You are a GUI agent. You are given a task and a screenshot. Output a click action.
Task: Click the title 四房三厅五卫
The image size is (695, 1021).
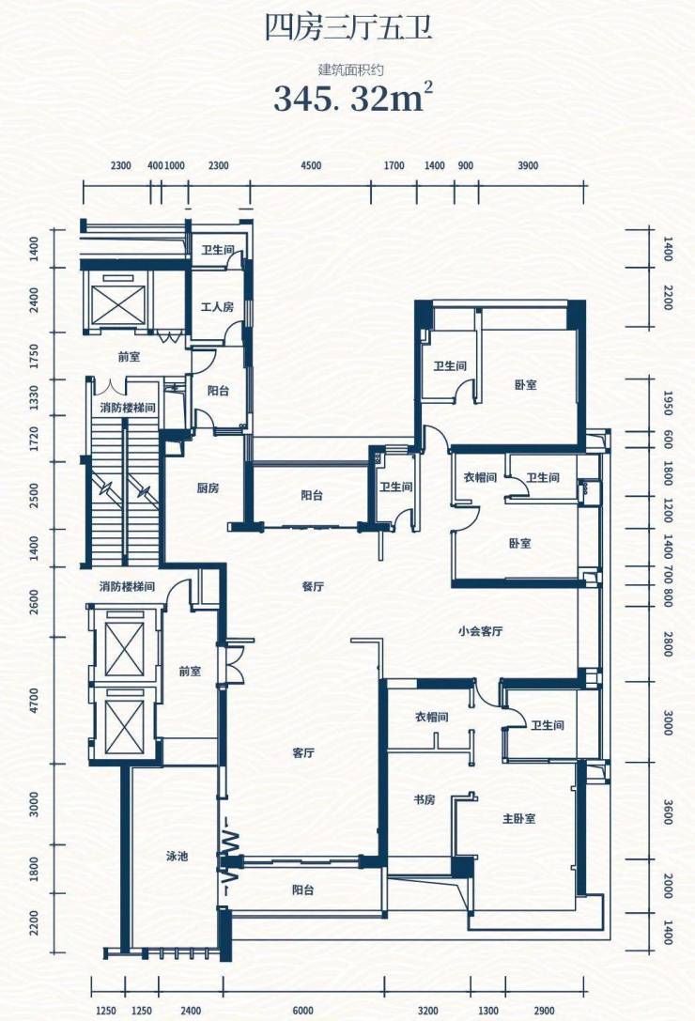[348, 28]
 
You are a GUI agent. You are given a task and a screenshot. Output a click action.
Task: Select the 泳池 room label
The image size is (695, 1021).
[177, 856]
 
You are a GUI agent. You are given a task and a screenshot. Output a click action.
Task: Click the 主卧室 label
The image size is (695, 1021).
[519, 818]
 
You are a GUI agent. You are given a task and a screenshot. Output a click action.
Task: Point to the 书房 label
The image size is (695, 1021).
[424, 799]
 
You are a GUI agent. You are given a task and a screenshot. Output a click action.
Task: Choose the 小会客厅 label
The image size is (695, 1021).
[480, 631]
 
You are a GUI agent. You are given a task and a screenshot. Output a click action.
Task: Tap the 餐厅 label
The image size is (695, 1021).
[313, 586]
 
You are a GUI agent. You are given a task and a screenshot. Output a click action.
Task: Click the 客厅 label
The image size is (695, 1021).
[303, 752]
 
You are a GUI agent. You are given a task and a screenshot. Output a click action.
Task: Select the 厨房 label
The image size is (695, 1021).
[208, 487]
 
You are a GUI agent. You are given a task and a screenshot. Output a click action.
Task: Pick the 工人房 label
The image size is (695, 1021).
[217, 306]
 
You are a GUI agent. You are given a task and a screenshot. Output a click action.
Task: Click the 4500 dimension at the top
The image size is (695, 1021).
[311, 166]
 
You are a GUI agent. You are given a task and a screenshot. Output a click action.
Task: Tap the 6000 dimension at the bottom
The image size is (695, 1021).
[302, 1011]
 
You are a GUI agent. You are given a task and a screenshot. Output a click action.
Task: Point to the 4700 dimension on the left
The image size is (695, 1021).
[34, 701]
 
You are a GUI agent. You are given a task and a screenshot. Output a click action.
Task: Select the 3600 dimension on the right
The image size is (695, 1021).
[668, 812]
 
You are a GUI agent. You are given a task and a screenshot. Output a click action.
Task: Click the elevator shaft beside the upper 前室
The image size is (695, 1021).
[116, 301]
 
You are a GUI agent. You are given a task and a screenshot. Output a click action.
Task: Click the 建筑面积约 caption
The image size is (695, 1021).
[350, 69]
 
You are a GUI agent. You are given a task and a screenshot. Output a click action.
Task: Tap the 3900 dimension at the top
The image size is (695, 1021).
[528, 166]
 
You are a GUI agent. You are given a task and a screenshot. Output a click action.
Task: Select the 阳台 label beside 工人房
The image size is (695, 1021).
[218, 391]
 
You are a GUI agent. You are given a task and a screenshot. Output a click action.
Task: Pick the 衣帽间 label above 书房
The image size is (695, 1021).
[432, 717]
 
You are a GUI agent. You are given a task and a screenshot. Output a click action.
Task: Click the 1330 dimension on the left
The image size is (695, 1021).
[34, 397]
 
